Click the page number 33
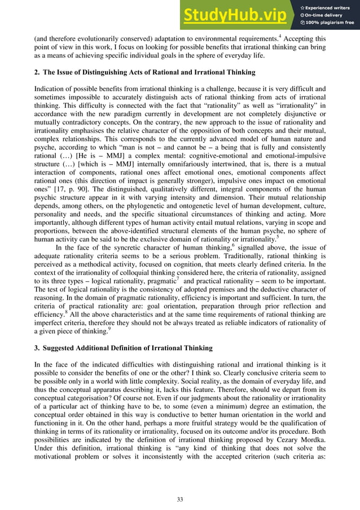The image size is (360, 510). [179, 499]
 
